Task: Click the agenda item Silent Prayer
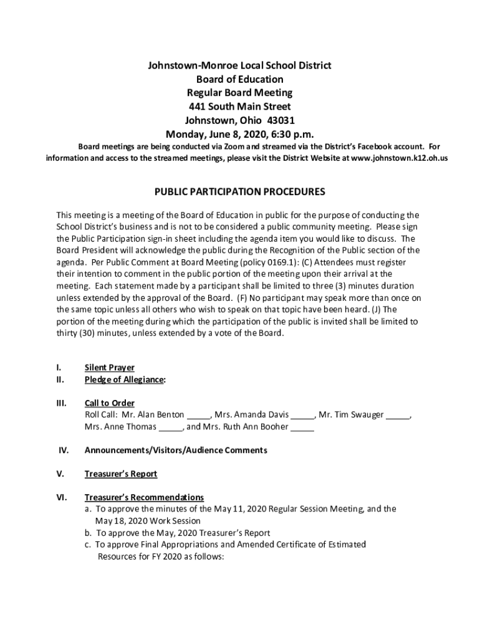(x=109, y=368)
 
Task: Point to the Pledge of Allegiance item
(x=125, y=379)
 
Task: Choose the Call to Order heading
(x=109, y=403)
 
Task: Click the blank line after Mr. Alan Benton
(x=199, y=416)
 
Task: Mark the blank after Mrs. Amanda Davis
(x=303, y=416)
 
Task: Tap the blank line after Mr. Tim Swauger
(x=398, y=416)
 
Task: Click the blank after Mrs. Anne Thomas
(x=170, y=427)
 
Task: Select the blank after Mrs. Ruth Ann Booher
(x=302, y=427)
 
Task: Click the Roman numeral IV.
(x=63, y=450)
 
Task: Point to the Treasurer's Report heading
(x=120, y=474)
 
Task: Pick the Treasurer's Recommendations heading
(x=144, y=497)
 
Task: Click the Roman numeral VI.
(x=62, y=497)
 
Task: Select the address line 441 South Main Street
(x=239, y=107)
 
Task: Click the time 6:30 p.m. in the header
(x=287, y=134)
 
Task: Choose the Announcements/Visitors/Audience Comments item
(x=176, y=450)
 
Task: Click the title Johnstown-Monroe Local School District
(x=239, y=65)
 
